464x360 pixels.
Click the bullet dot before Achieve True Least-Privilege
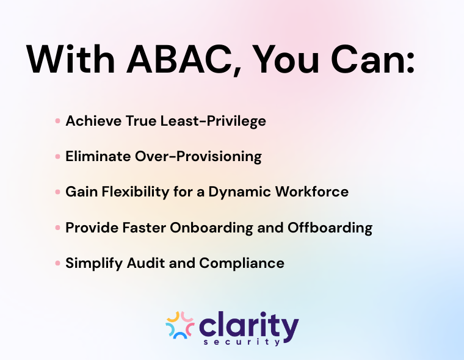[x=57, y=121]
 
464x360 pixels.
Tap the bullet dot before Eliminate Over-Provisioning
[x=57, y=156]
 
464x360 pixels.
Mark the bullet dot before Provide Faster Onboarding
[x=57, y=228]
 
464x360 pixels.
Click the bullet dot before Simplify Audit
[x=57, y=263]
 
